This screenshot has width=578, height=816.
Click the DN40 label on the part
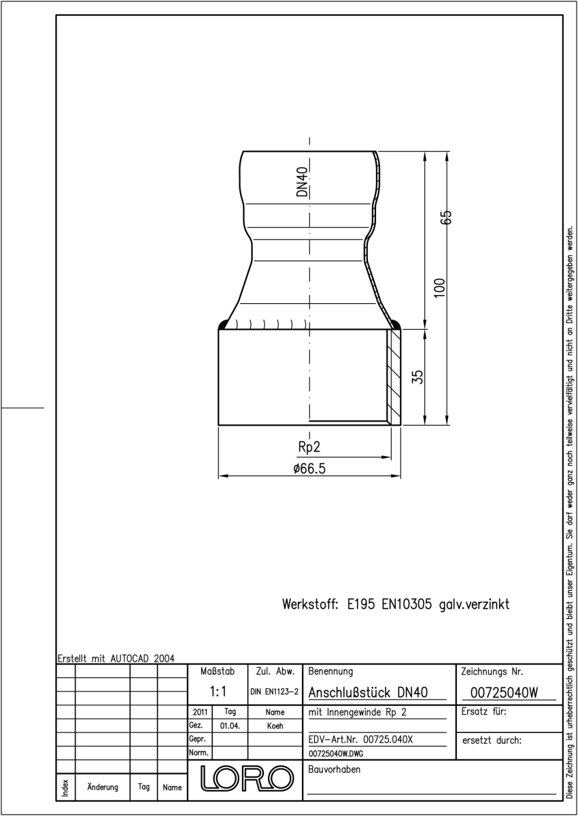coord(303,182)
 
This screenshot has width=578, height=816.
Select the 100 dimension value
coord(439,288)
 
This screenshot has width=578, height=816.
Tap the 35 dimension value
coord(418,377)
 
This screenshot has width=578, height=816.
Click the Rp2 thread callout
coord(309,447)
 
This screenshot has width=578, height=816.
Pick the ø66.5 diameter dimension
coord(309,469)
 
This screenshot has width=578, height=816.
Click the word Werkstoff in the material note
coord(310,604)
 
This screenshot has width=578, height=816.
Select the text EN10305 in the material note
coord(407,604)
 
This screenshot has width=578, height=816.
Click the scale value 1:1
coord(218,691)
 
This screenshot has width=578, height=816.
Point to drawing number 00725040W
coord(504,692)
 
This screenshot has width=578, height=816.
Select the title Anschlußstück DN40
coord(368,692)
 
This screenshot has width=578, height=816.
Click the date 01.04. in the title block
coord(230,726)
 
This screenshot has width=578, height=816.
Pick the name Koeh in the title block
coord(275,726)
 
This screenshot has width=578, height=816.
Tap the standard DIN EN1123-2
coord(274,692)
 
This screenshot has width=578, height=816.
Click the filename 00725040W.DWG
coord(336,753)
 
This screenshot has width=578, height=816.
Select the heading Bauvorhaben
coord(334,769)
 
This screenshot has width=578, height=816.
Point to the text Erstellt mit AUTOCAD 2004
coord(116,658)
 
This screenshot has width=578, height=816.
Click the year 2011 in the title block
coord(200,712)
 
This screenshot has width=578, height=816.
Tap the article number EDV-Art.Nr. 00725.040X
coord(360,740)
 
